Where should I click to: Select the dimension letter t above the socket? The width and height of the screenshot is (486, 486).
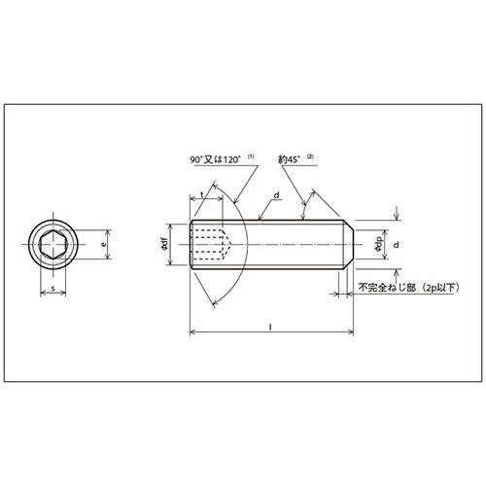point(201,194)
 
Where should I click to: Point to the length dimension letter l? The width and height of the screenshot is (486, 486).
point(269,327)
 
